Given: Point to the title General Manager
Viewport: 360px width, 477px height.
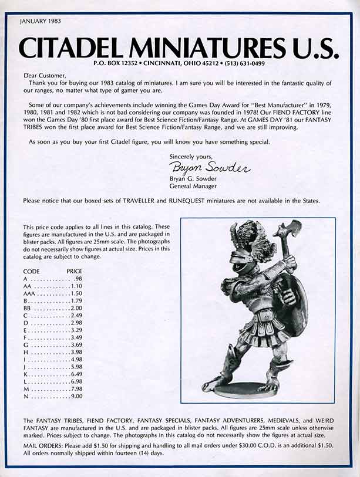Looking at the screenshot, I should pos(193,186).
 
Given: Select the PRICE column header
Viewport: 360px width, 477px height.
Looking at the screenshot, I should pos(75,272).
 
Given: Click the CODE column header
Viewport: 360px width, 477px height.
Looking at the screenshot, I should pos(32,272).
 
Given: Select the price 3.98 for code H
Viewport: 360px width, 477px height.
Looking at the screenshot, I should pos(76,351).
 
